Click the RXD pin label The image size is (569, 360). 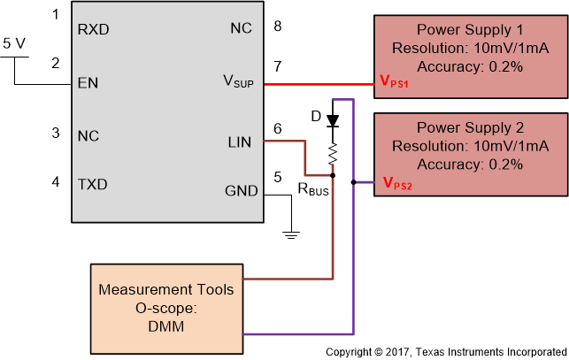(94, 28)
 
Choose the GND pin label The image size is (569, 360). (242, 191)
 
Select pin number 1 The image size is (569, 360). (56, 15)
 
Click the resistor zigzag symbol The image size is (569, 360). (334, 156)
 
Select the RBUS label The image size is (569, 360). (314, 188)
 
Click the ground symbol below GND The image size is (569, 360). (290, 234)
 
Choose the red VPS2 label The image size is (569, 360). (399, 183)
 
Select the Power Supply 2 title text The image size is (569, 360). (470, 126)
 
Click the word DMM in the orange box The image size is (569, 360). (166, 326)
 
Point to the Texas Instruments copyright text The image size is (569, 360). (445, 352)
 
